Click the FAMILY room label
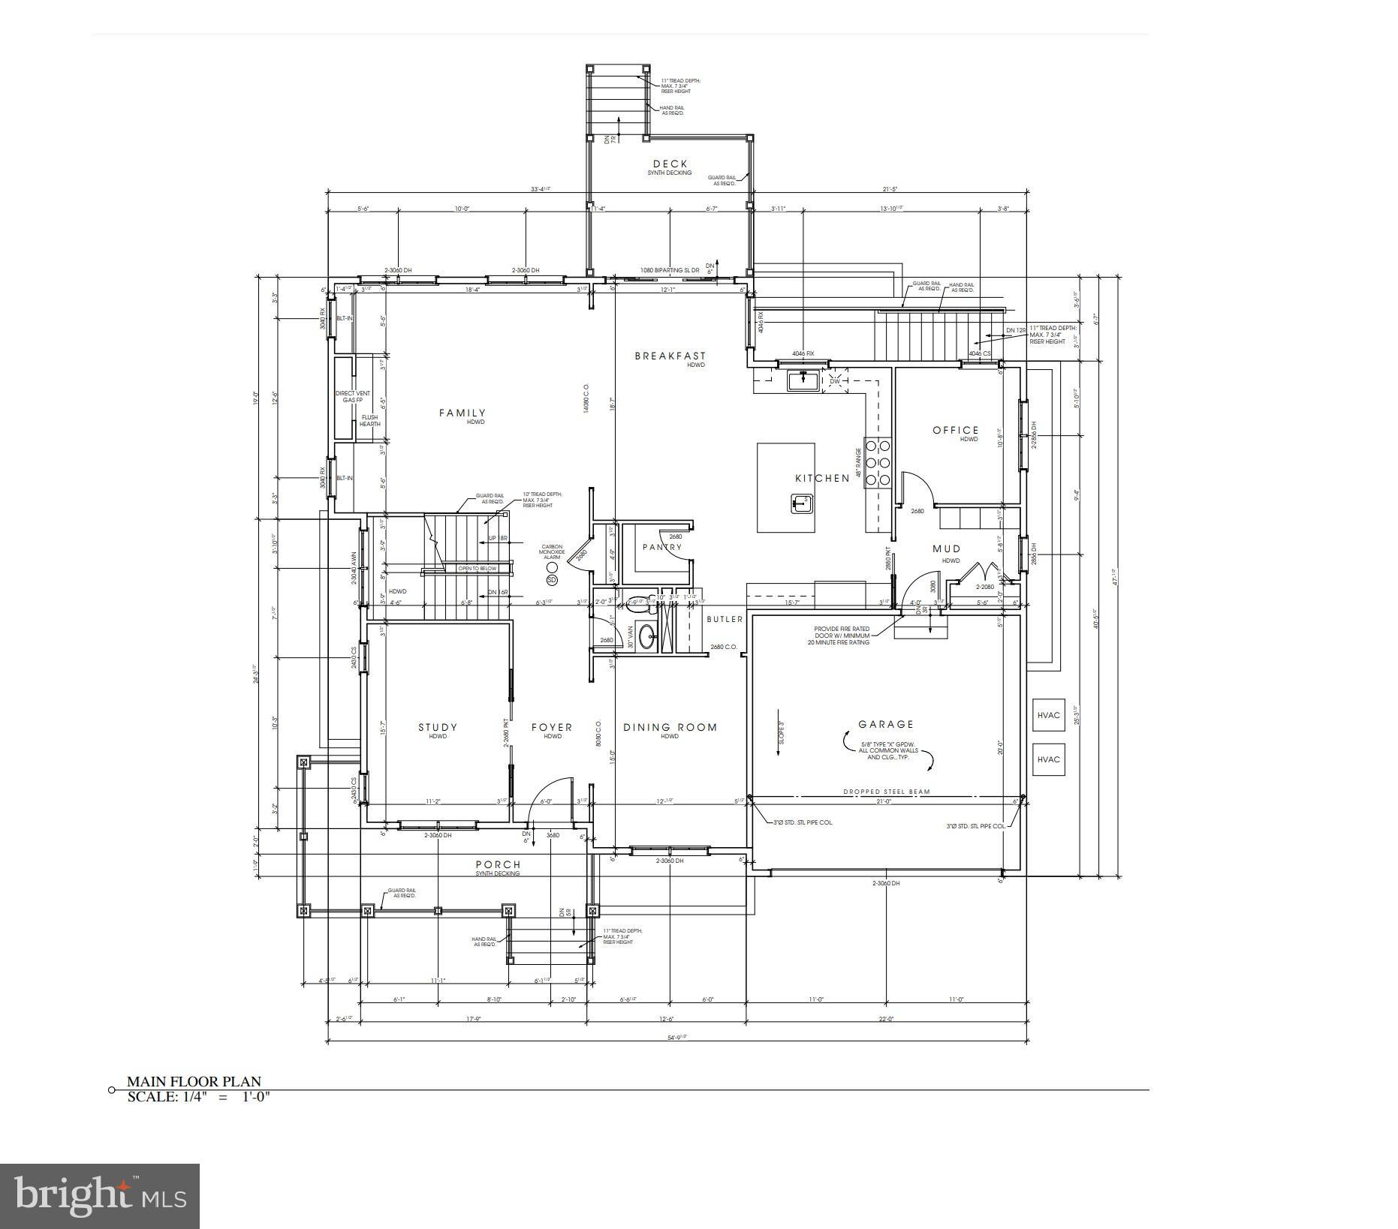click(x=462, y=413)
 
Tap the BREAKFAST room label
click(x=670, y=356)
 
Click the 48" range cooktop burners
click(x=877, y=461)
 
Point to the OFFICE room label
click(x=955, y=430)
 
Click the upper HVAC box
click(x=1048, y=715)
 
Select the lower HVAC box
click(x=1048, y=759)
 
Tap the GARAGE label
click(x=886, y=724)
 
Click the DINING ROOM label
click(x=670, y=727)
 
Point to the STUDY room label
click(x=437, y=727)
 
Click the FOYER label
click(x=552, y=727)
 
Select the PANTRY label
click(x=661, y=547)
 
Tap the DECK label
click(x=670, y=164)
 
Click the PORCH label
click(x=497, y=864)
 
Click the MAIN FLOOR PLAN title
click(x=194, y=1081)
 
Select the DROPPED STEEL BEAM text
click(x=886, y=792)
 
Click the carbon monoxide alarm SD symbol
click(x=552, y=580)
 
